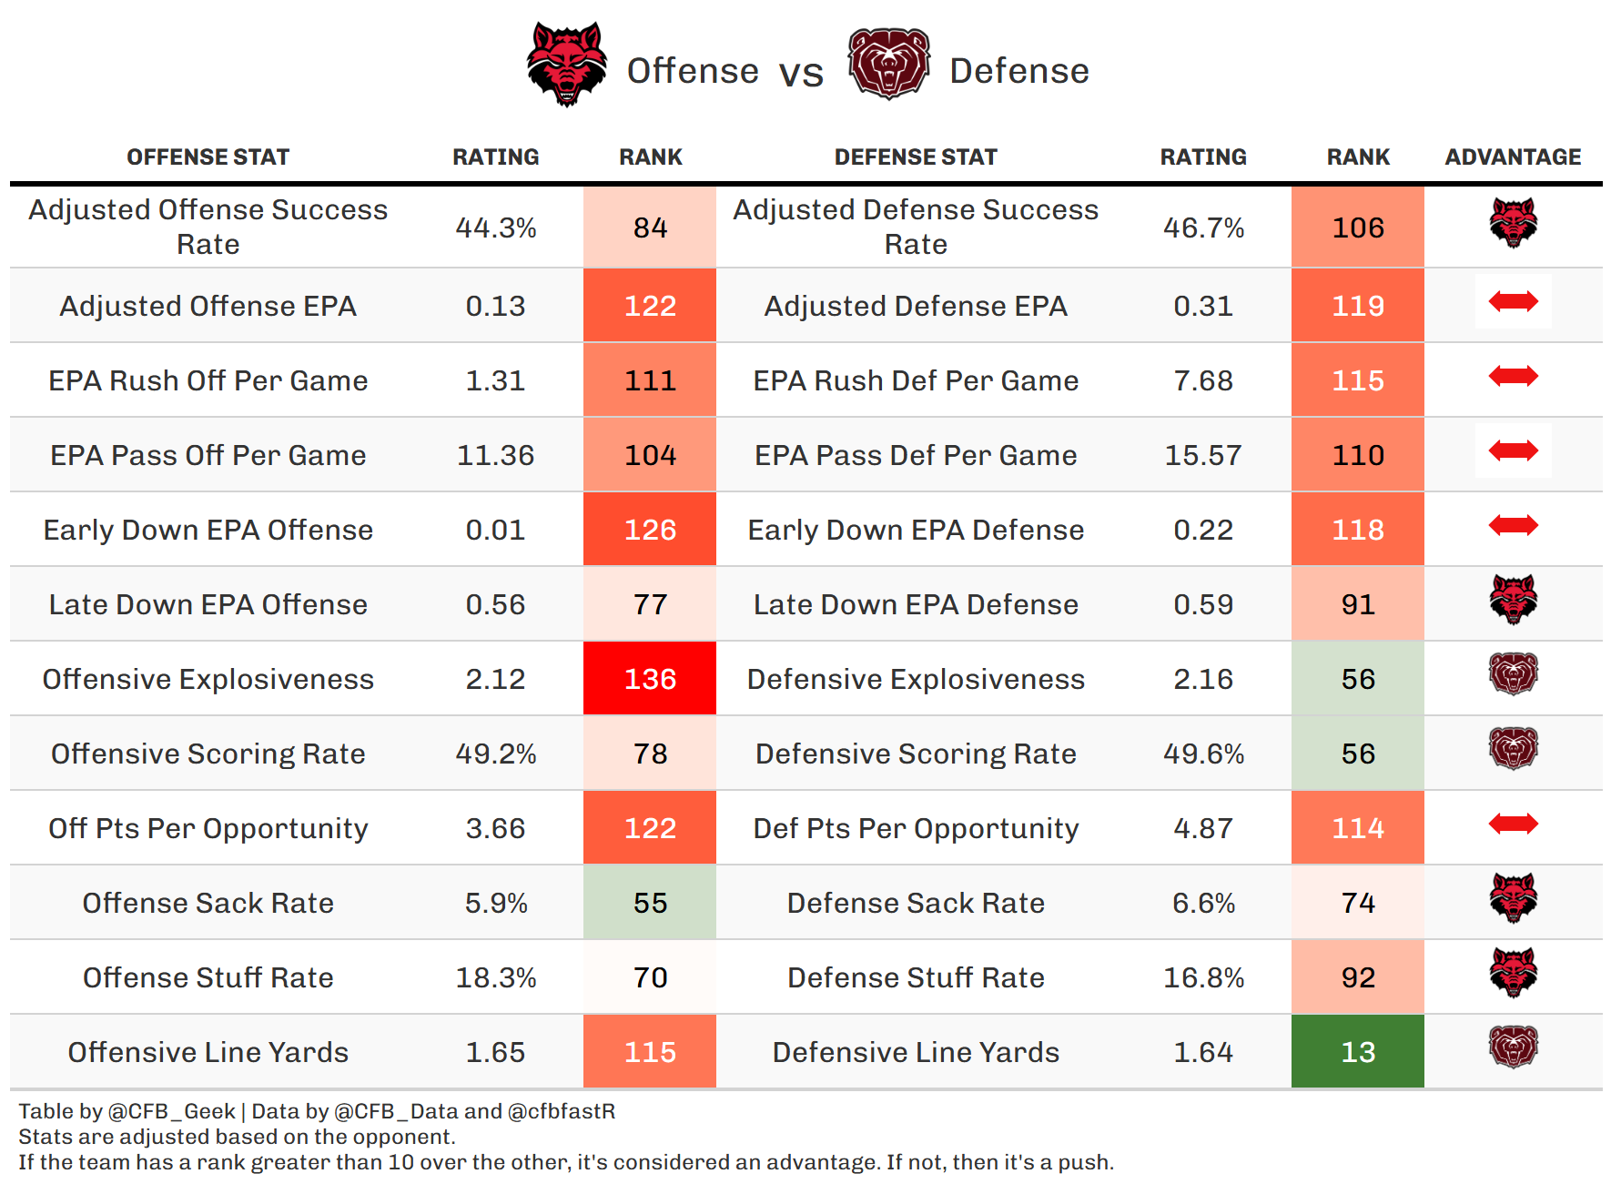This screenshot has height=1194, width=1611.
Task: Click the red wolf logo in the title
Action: [566, 64]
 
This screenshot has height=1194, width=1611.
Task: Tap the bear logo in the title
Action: [888, 64]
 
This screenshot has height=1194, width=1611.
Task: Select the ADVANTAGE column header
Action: [1513, 157]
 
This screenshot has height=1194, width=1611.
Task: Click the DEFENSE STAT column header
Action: [916, 157]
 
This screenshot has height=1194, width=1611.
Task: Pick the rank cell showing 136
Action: [650, 679]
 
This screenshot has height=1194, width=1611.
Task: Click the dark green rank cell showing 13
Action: [1357, 1052]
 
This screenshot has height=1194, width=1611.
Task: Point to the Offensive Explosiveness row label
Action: [208, 679]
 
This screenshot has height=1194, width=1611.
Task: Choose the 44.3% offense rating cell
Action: [496, 228]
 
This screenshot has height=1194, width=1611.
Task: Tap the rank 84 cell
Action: [650, 228]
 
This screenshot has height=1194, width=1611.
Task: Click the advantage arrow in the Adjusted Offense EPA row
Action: [1513, 301]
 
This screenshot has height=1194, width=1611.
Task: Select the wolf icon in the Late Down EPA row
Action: [1513, 600]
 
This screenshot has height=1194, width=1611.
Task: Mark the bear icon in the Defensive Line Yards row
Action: [1513, 1047]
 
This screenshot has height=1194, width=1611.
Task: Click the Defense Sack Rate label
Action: [916, 903]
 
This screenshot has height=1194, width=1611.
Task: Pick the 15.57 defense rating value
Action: [1203, 455]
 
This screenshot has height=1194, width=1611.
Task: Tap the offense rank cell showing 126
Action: [650, 530]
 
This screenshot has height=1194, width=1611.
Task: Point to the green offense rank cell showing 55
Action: [650, 903]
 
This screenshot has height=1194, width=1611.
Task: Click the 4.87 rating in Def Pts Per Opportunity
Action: [1203, 828]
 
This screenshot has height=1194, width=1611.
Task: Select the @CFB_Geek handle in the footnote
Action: [172, 1111]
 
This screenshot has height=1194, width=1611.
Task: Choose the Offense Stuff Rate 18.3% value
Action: [496, 977]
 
